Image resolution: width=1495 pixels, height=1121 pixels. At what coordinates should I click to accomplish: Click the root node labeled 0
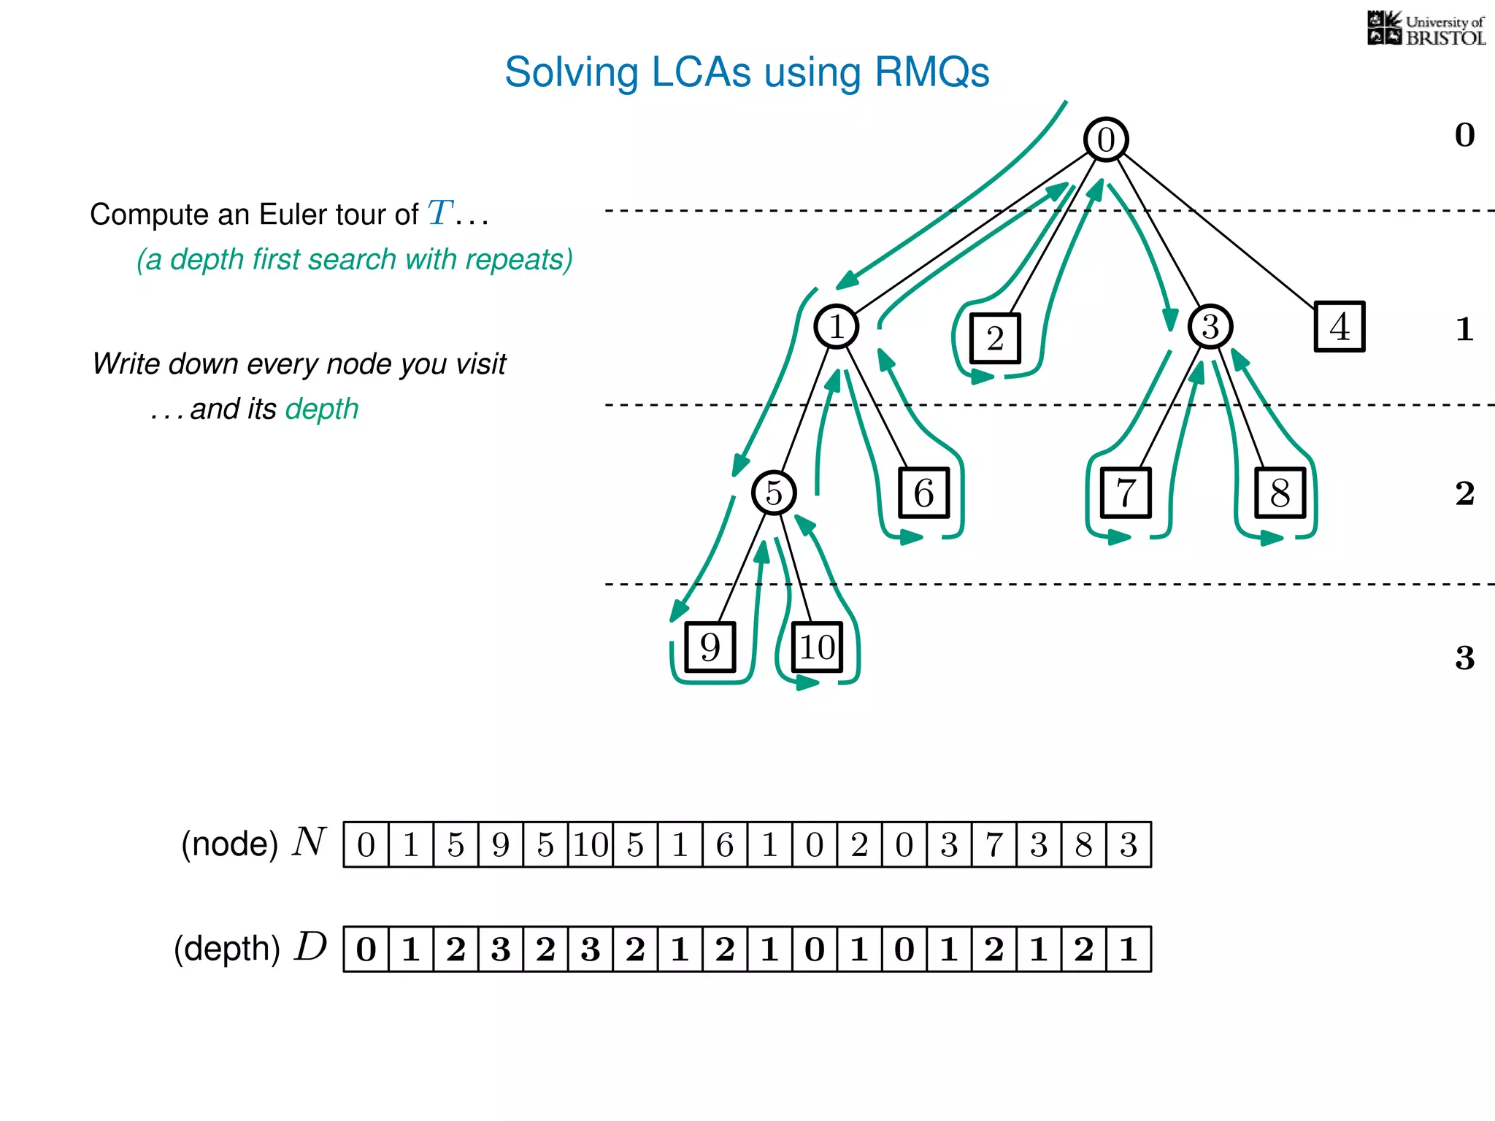click(x=1106, y=139)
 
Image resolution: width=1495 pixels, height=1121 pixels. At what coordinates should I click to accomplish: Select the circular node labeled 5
click(x=774, y=493)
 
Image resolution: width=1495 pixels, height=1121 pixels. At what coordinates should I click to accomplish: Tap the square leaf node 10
click(x=817, y=647)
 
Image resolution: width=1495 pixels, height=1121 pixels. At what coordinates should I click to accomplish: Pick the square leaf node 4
click(x=1340, y=326)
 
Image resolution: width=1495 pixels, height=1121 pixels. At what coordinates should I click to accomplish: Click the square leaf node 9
click(x=710, y=647)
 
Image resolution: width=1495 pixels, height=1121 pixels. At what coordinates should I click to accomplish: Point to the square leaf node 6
click(x=924, y=493)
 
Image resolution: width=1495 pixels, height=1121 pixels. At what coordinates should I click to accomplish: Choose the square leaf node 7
click(x=1126, y=493)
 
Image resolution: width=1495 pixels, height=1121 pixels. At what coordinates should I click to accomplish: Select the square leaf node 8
click(x=1280, y=493)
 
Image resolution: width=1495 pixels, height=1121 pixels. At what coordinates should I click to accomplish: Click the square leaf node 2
click(x=995, y=339)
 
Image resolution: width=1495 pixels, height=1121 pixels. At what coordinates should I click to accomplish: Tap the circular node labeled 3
click(x=1210, y=326)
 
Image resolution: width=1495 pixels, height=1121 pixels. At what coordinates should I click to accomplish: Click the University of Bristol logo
click(x=1426, y=29)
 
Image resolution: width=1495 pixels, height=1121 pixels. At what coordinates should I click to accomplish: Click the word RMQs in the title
click(x=931, y=72)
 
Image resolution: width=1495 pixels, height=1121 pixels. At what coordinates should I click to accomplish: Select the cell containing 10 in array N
click(x=591, y=845)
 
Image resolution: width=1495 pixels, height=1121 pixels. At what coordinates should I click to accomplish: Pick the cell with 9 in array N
click(x=501, y=845)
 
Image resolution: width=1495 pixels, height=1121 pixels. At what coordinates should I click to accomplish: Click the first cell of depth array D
click(x=366, y=949)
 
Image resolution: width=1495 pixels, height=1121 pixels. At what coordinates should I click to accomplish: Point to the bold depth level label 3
click(x=1464, y=658)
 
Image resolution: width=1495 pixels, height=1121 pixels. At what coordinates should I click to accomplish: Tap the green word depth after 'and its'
click(x=322, y=409)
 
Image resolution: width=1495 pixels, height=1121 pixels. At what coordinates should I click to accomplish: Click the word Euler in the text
click(x=286, y=215)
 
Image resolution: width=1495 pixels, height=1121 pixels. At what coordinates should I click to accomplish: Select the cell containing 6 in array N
click(x=725, y=845)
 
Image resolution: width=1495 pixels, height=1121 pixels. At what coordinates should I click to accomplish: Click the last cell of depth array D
click(x=1129, y=949)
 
